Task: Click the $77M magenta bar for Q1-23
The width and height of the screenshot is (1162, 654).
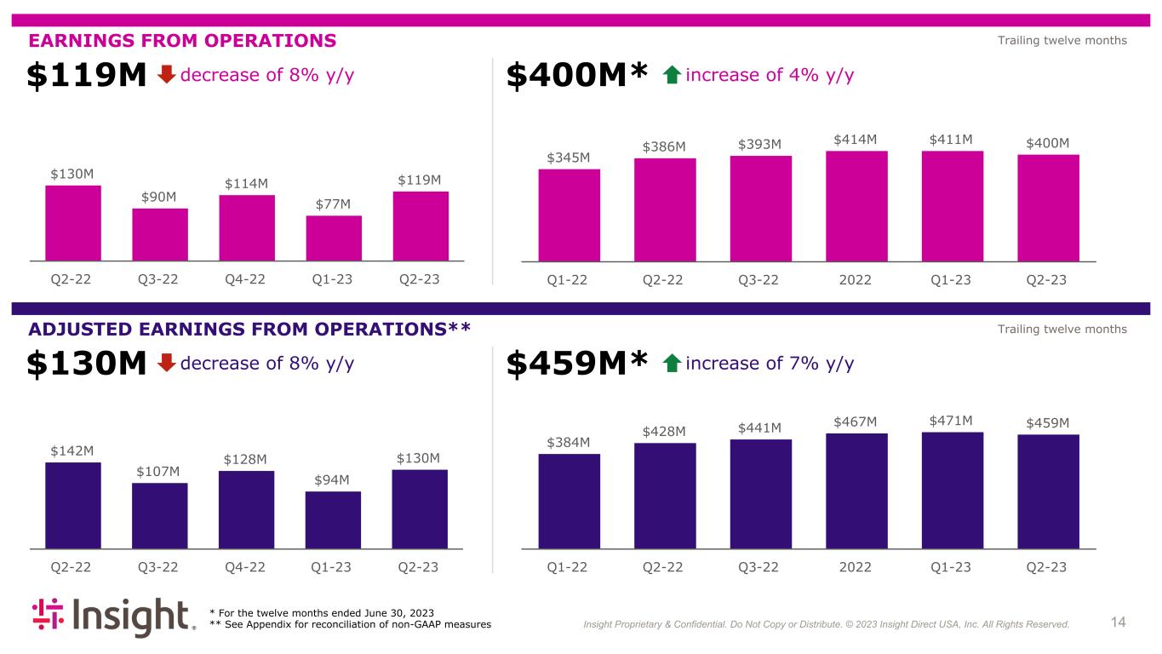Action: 334,238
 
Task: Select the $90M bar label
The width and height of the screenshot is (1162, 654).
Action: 159,197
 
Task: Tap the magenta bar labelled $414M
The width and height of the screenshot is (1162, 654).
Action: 856,205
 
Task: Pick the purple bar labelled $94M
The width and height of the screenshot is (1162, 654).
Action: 333,519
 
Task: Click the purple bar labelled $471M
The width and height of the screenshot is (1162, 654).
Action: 952,490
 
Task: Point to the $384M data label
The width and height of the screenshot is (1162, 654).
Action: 568,442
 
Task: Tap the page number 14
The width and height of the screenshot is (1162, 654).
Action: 1118,622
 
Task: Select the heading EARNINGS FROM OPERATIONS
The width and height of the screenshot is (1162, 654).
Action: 183,40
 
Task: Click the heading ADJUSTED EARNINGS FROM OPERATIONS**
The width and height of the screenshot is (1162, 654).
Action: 249,329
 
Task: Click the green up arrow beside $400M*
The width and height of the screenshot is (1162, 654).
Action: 671,76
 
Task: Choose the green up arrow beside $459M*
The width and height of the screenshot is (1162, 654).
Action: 671,364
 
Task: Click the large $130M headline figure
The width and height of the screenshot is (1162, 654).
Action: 88,364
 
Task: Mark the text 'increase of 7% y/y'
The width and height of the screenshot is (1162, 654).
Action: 769,364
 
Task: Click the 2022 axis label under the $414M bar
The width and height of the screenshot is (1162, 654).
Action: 856,568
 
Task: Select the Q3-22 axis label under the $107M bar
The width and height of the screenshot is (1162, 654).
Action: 159,568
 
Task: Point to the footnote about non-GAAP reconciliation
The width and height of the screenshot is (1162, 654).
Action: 350,625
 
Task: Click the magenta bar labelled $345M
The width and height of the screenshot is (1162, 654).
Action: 569,215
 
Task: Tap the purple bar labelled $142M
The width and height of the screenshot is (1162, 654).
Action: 72,505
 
